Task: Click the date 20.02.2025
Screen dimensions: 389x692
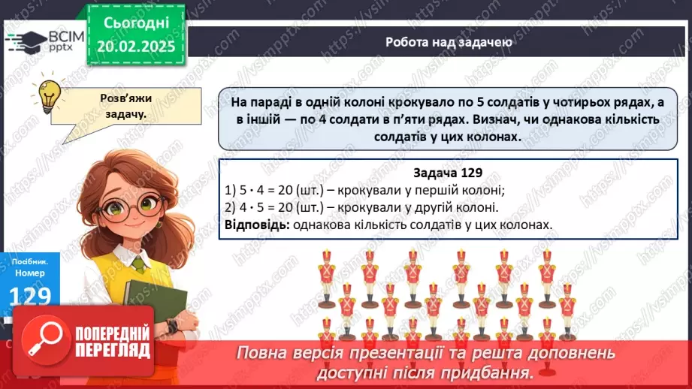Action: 136,47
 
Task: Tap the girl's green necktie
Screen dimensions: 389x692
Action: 140,264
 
